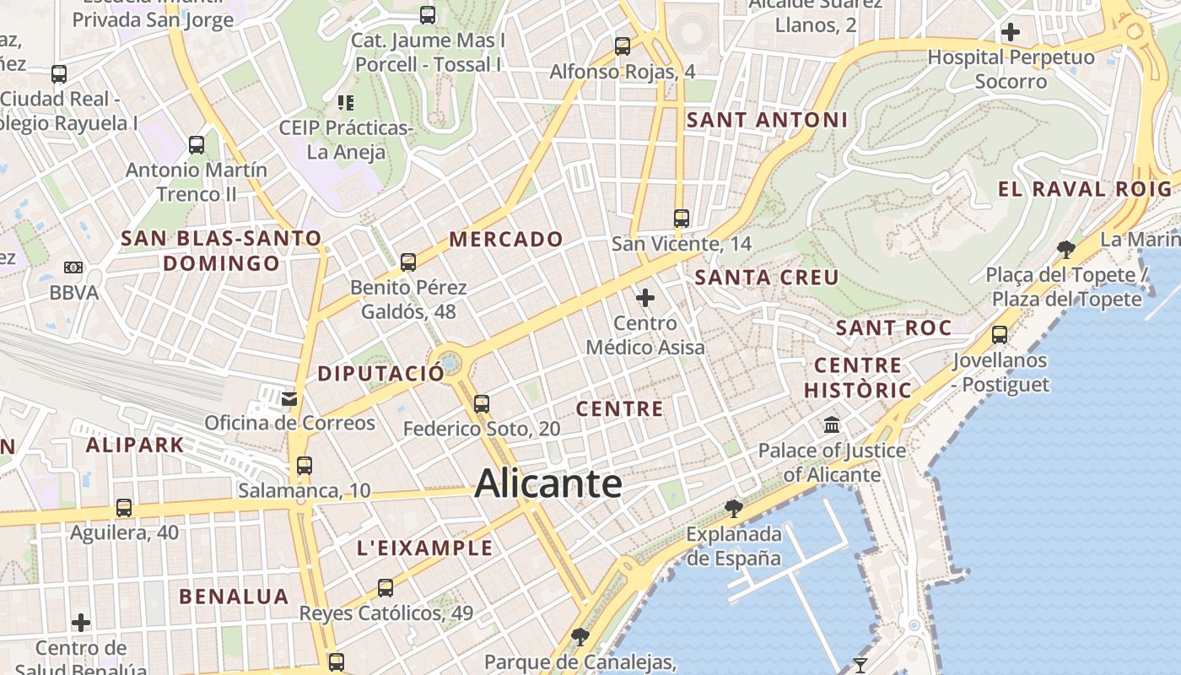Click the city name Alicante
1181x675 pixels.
(x=548, y=484)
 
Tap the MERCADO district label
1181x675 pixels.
(x=506, y=240)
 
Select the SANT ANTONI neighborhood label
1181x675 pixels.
(x=767, y=121)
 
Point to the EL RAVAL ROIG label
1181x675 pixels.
(x=1086, y=189)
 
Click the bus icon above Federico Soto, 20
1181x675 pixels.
(x=482, y=404)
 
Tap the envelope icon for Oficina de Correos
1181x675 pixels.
(x=289, y=398)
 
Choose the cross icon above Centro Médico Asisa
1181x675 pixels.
(x=645, y=298)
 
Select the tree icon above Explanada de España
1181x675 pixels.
(x=734, y=508)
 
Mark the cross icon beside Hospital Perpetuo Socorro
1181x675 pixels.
(x=1010, y=33)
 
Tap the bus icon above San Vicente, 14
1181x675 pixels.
(x=682, y=219)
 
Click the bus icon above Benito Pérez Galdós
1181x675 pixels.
(x=408, y=262)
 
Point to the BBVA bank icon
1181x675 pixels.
(x=73, y=268)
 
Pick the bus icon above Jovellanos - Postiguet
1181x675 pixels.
(x=1000, y=335)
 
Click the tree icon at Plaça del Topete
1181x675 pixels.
(x=1066, y=249)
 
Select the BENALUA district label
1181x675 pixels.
(x=234, y=597)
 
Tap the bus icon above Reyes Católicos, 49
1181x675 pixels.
(x=386, y=588)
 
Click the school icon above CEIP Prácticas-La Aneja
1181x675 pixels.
(x=346, y=103)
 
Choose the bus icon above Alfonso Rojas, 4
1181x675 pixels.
(x=623, y=46)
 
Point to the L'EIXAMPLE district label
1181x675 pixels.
(x=424, y=548)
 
